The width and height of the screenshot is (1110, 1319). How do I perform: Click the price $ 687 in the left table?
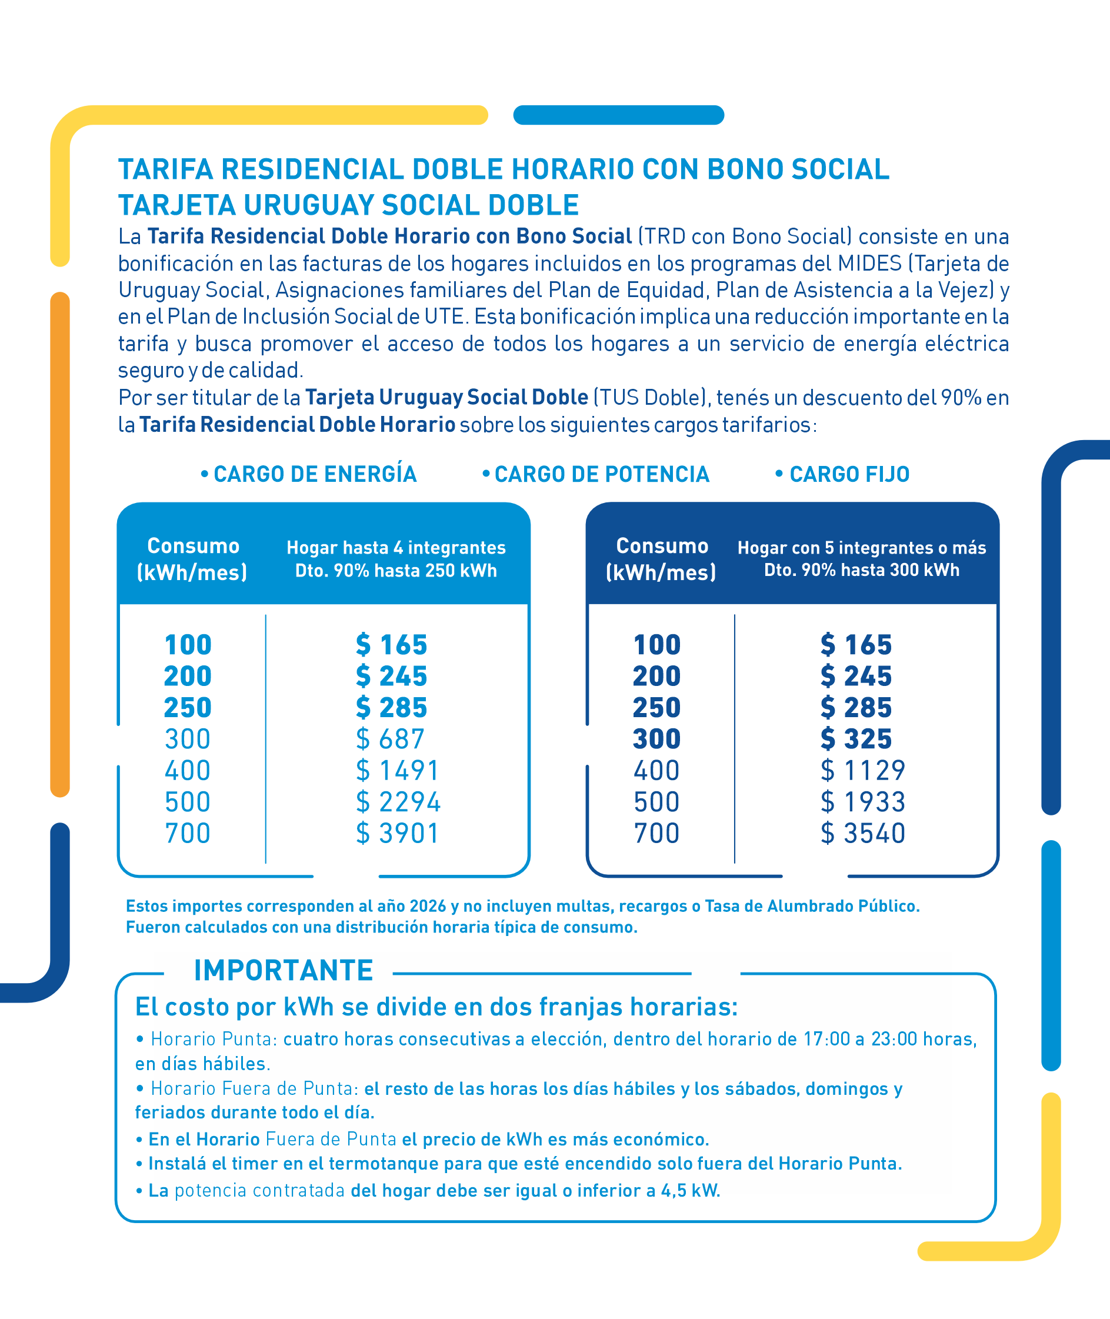390,739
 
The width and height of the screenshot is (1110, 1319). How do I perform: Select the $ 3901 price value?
397,833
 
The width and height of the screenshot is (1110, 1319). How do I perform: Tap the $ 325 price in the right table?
856,739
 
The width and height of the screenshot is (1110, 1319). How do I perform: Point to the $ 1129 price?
863,770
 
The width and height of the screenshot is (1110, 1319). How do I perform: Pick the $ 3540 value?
863,833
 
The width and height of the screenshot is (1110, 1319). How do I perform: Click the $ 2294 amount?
398,802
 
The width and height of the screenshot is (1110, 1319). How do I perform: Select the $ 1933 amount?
863,802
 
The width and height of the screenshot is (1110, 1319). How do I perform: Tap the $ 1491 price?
397,770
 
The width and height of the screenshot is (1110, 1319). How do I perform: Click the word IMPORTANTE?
284,970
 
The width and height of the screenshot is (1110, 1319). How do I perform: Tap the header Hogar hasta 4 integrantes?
396,548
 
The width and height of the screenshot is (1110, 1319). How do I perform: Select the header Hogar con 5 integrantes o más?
861,548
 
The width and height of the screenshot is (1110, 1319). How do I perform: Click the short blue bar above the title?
619,115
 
